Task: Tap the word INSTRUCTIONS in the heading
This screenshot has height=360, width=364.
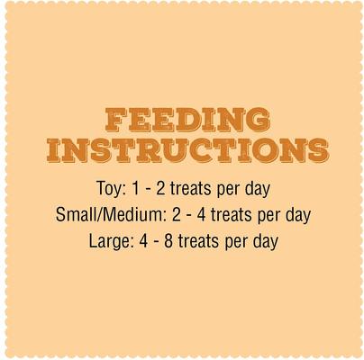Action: (x=188, y=150)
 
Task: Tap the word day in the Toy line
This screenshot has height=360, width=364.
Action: (x=257, y=191)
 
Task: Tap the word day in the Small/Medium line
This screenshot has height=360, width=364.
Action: (x=294, y=217)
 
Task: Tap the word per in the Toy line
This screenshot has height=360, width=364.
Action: (x=231, y=192)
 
